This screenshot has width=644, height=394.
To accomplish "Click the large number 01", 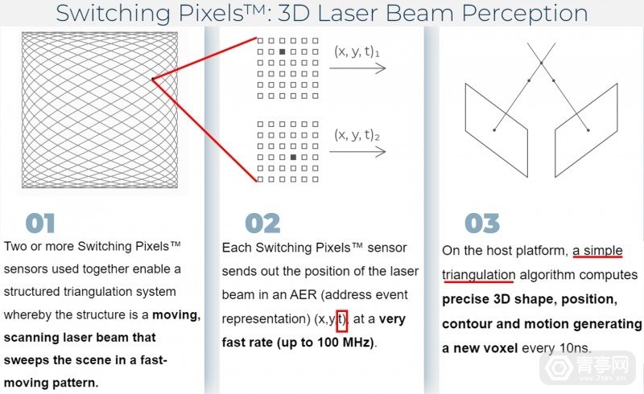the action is tap(39, 224).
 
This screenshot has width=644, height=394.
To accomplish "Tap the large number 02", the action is tap(263, 224).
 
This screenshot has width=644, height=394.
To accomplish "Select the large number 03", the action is tap(482, 224).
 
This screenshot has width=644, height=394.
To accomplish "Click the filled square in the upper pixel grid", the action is tap(283, 51).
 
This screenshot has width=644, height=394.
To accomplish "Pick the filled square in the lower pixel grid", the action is tap(293, 157).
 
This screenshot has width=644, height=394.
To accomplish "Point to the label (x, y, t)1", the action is tap(357, 51).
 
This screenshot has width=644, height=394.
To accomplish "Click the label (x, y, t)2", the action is tap(357, 135).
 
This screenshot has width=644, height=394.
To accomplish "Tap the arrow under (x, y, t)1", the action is tap(357, 68).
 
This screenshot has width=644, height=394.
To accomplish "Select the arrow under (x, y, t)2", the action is tap(357, 152).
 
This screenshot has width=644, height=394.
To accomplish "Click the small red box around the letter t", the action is tap(342, 321).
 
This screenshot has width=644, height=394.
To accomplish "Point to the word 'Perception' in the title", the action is tap(525, 13).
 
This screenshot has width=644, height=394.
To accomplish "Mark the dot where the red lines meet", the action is tap(153, 79).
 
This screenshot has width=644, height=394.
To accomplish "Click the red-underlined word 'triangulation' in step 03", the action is tap(478, 275).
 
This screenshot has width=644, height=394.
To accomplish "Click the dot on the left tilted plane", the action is tap(494, 130).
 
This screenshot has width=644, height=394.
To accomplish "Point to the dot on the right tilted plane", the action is tap(588, 130).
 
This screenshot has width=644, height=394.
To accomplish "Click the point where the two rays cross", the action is tap(541, 63).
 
